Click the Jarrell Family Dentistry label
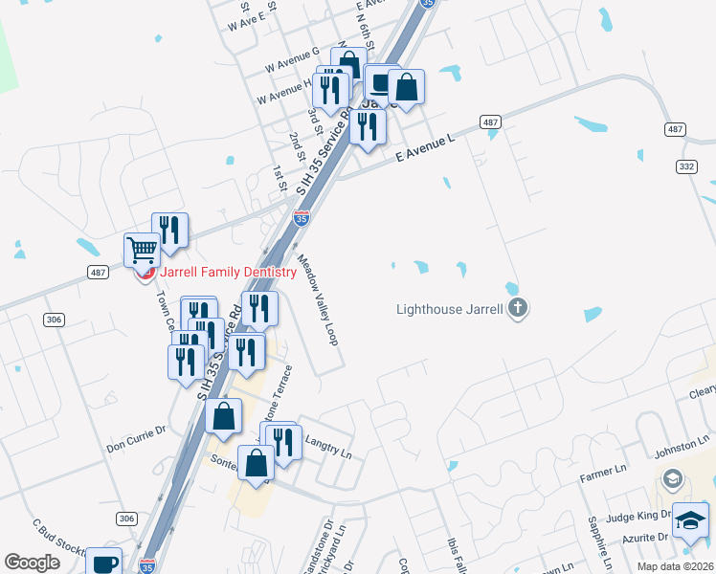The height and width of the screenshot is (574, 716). coord(228,273)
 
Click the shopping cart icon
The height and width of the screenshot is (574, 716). coord(142,251)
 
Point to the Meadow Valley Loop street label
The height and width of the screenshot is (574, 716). coord(318,299)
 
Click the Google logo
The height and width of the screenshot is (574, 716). coord(32,563)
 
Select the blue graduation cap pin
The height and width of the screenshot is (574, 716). coord(690,520)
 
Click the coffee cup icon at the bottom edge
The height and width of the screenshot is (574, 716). coord(103,563)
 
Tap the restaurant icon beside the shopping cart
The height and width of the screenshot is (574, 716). coord(170,230)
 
